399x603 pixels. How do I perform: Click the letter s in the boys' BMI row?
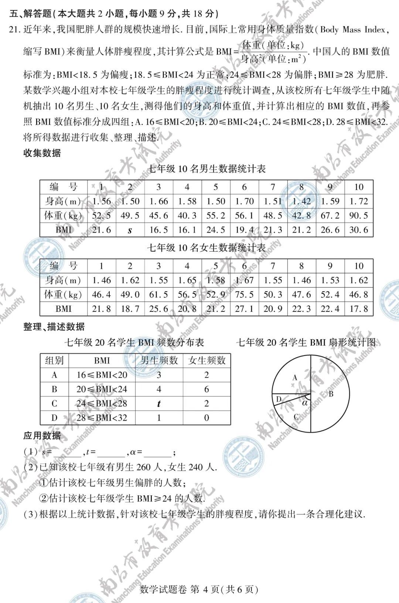[130, 231]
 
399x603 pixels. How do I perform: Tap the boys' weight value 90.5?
[359, 216]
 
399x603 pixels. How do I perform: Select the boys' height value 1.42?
[301, 201]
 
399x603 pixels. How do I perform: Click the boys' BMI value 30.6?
[359, 230]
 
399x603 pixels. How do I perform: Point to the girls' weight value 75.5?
[244, 294]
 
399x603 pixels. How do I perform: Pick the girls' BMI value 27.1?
[244, 309]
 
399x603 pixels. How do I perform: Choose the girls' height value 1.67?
[244, 280]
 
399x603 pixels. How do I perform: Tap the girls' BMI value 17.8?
[359, 309]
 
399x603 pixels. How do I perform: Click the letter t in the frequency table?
[159, 404]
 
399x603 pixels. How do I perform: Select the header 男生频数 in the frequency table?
[159, 361]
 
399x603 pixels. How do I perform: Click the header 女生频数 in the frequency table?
[207, 361]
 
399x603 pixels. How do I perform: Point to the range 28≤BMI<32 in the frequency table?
[102, 418]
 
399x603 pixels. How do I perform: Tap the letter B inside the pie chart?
[331, 394]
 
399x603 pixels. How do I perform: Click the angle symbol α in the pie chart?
[305, 403]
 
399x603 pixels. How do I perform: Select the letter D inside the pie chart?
[279, 399]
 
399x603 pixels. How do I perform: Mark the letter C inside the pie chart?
[296, 417]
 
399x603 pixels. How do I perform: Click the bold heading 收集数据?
[42, 153]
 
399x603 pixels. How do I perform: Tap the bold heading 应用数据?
[42, 436]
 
